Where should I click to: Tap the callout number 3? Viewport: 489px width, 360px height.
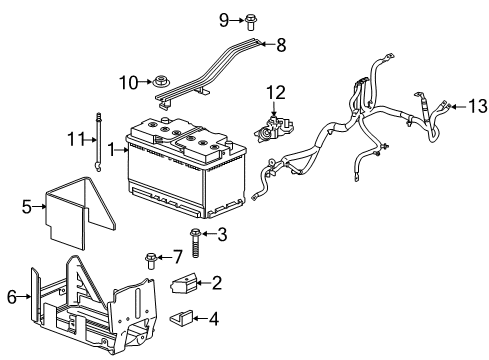pyautogui.click(x=222, y=235)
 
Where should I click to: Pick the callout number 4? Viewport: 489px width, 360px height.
pyautogui.click(x=214, y=320)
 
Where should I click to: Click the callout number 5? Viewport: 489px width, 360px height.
pyautogui.click(x=28, y=207)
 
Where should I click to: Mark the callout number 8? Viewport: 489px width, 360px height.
pyautogui.click(x=281, y=44)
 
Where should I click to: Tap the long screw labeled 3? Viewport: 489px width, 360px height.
pyautogui.click(x=196, y=240)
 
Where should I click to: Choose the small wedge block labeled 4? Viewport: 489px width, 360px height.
pyautogui.click(x=185, y=320)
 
